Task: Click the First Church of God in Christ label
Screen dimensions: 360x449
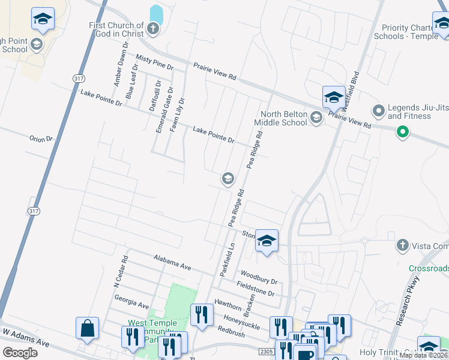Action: (116, 29)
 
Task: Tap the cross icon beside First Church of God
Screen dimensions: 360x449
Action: (153, 28)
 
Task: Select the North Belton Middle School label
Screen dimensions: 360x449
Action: (280, 119)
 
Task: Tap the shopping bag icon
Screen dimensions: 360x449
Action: (87, 329)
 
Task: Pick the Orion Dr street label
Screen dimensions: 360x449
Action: (41, 139)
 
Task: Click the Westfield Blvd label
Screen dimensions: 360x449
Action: (349, 91)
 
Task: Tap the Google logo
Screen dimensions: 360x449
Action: (20, 352)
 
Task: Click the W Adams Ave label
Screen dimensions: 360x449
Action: (25, 338)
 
